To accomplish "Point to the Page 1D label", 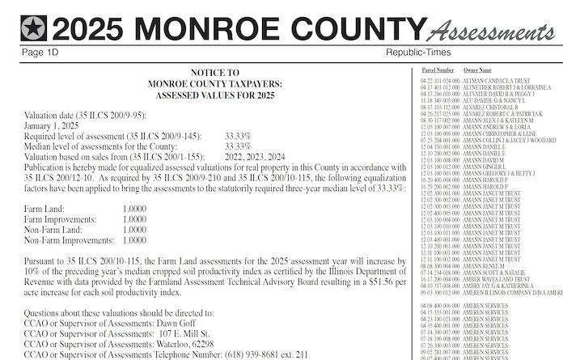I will (41, 53).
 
